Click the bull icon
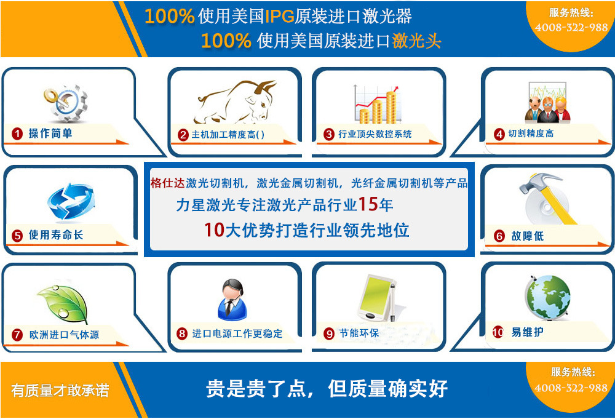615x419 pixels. (236, 102)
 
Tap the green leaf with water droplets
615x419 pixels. (63, 303)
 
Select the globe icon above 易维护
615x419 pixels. (547, 297)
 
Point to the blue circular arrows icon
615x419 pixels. (71, 201)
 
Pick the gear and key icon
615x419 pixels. (66, 103)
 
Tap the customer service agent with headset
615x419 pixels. (232, 300)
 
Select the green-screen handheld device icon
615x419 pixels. (376, 298)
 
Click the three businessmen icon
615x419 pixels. (547, 103)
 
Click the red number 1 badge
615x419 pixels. (17, 134)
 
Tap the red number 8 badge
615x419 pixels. (182, 333)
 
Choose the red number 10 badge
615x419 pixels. (498, 332)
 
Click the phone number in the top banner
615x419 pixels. (571, 28)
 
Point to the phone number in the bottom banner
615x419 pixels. (571, 388)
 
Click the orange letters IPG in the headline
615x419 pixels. (280, 17)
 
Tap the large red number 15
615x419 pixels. (368, 204)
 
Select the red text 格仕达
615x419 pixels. (167, 183)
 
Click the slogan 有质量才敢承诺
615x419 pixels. (60, 390)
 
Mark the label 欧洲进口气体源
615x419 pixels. (65, 335)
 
